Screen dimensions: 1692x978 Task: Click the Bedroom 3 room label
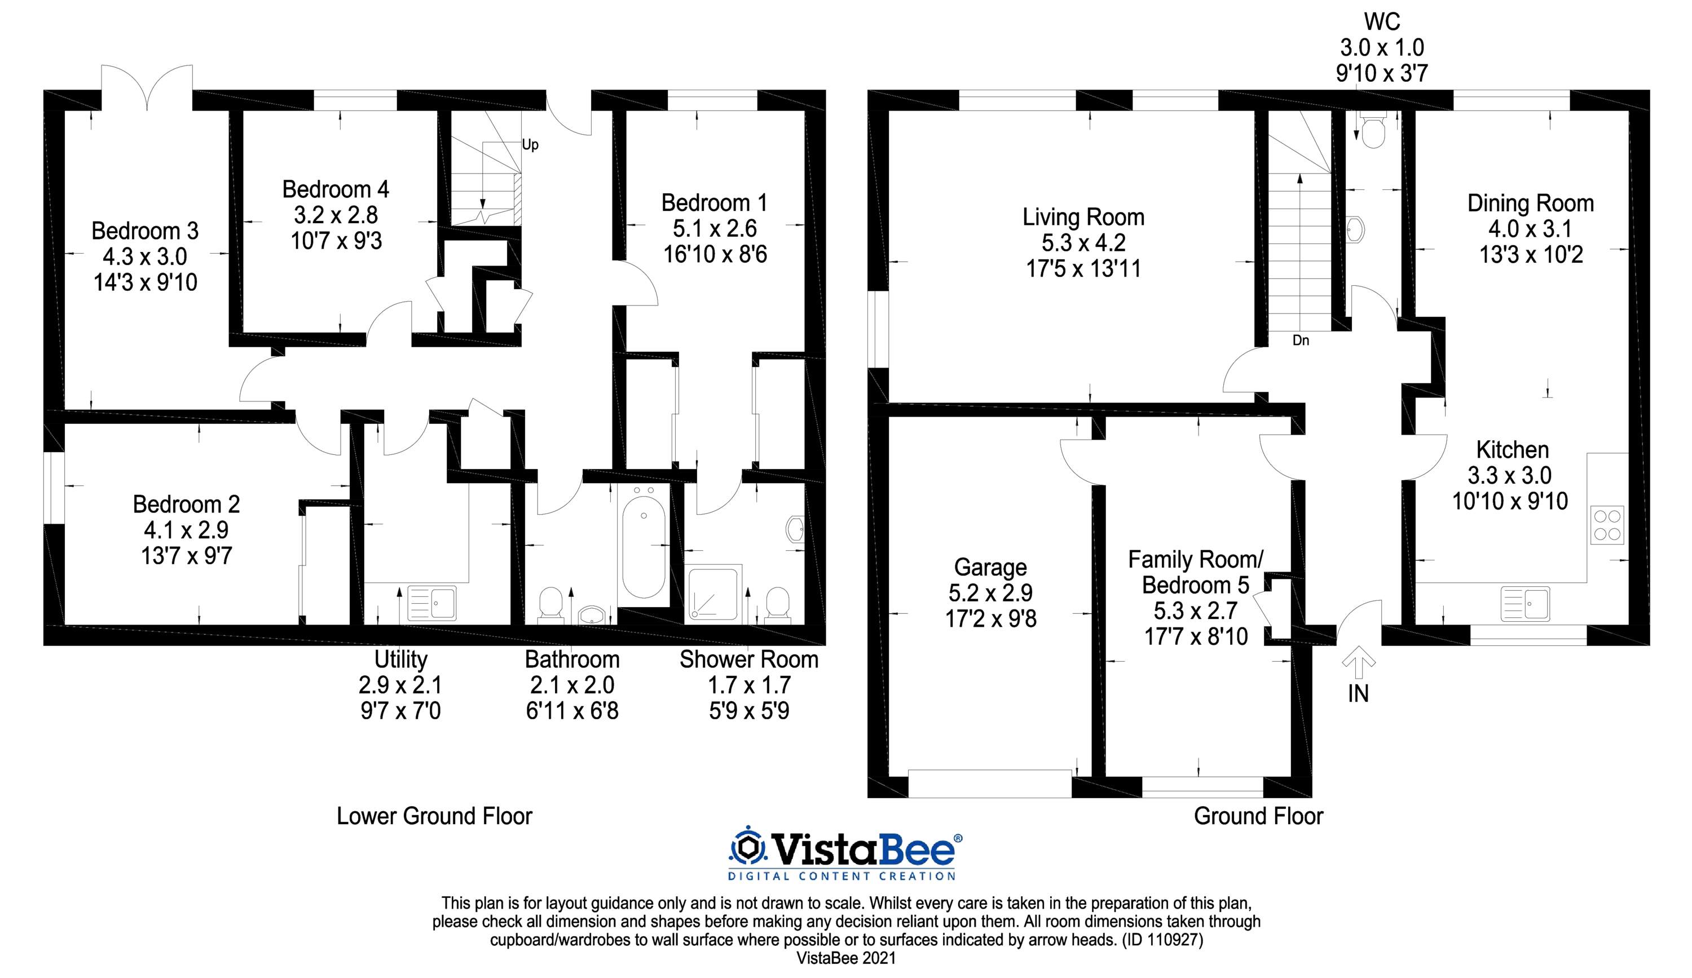pyautogui.click(x=145, y=231)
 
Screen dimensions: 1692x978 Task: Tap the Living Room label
pyautogui.click(x=1083, y=217)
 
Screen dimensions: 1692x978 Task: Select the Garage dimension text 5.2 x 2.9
pyautogui.click(x=990, y=592)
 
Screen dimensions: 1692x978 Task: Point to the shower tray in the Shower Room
pyautogui.click(x=713, y=594)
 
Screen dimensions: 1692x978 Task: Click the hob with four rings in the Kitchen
pyautogui.click(x=1607, y=525)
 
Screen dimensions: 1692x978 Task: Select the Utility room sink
pyautogui.click(x=431, y=602)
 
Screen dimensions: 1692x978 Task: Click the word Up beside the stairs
pyautogui.click(x=530, y=145)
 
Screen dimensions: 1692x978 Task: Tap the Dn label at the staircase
pyautogui.click(x=1301, y=340)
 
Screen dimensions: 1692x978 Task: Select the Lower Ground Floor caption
pyautogui.click(x=434, y=816)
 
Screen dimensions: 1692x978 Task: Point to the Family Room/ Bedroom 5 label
pyautogui.click(x=1196, y=572)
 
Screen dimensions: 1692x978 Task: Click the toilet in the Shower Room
pyautogui.click(x=778, y=605)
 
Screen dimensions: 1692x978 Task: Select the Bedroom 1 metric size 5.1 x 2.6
pyautogui.click(x=715, y=229)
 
